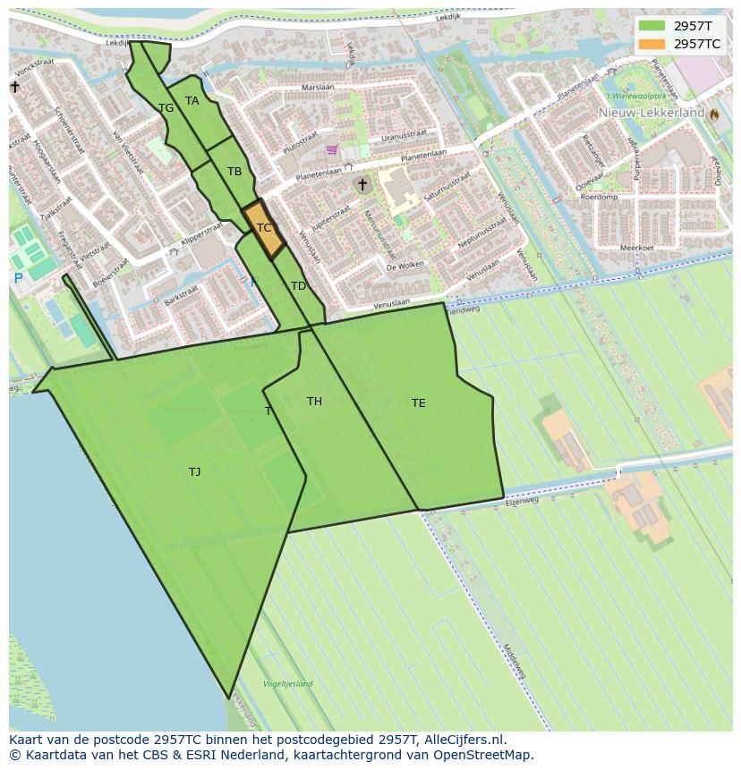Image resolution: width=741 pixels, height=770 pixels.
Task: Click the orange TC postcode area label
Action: (x=264, y=228)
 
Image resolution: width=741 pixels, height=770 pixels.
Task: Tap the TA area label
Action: (x=192, y=101)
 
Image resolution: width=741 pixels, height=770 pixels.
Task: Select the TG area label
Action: (x=166, y=108)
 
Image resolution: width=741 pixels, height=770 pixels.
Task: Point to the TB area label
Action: (x=234, y=172)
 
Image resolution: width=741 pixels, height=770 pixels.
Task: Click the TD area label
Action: (x=298, y=286)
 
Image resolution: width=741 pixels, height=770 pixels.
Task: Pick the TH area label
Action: (x=314, y=402)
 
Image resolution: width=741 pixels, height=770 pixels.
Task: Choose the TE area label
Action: (x=418, y=403)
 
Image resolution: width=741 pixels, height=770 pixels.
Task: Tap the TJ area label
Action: (x=194, y=472)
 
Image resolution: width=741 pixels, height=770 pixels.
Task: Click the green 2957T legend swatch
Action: (x=652, y=26)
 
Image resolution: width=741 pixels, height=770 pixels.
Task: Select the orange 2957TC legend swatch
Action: (x=652, y=44)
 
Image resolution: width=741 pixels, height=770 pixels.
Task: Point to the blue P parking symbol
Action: (x=18, y=279)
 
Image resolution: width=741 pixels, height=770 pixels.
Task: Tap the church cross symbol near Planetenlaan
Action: (x=362, y=185)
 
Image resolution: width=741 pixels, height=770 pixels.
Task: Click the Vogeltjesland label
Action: (x=287, y=684)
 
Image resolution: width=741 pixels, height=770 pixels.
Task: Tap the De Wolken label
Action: (x=405, y=267)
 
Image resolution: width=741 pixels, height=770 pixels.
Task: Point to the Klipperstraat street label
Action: (x=200, y=234)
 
